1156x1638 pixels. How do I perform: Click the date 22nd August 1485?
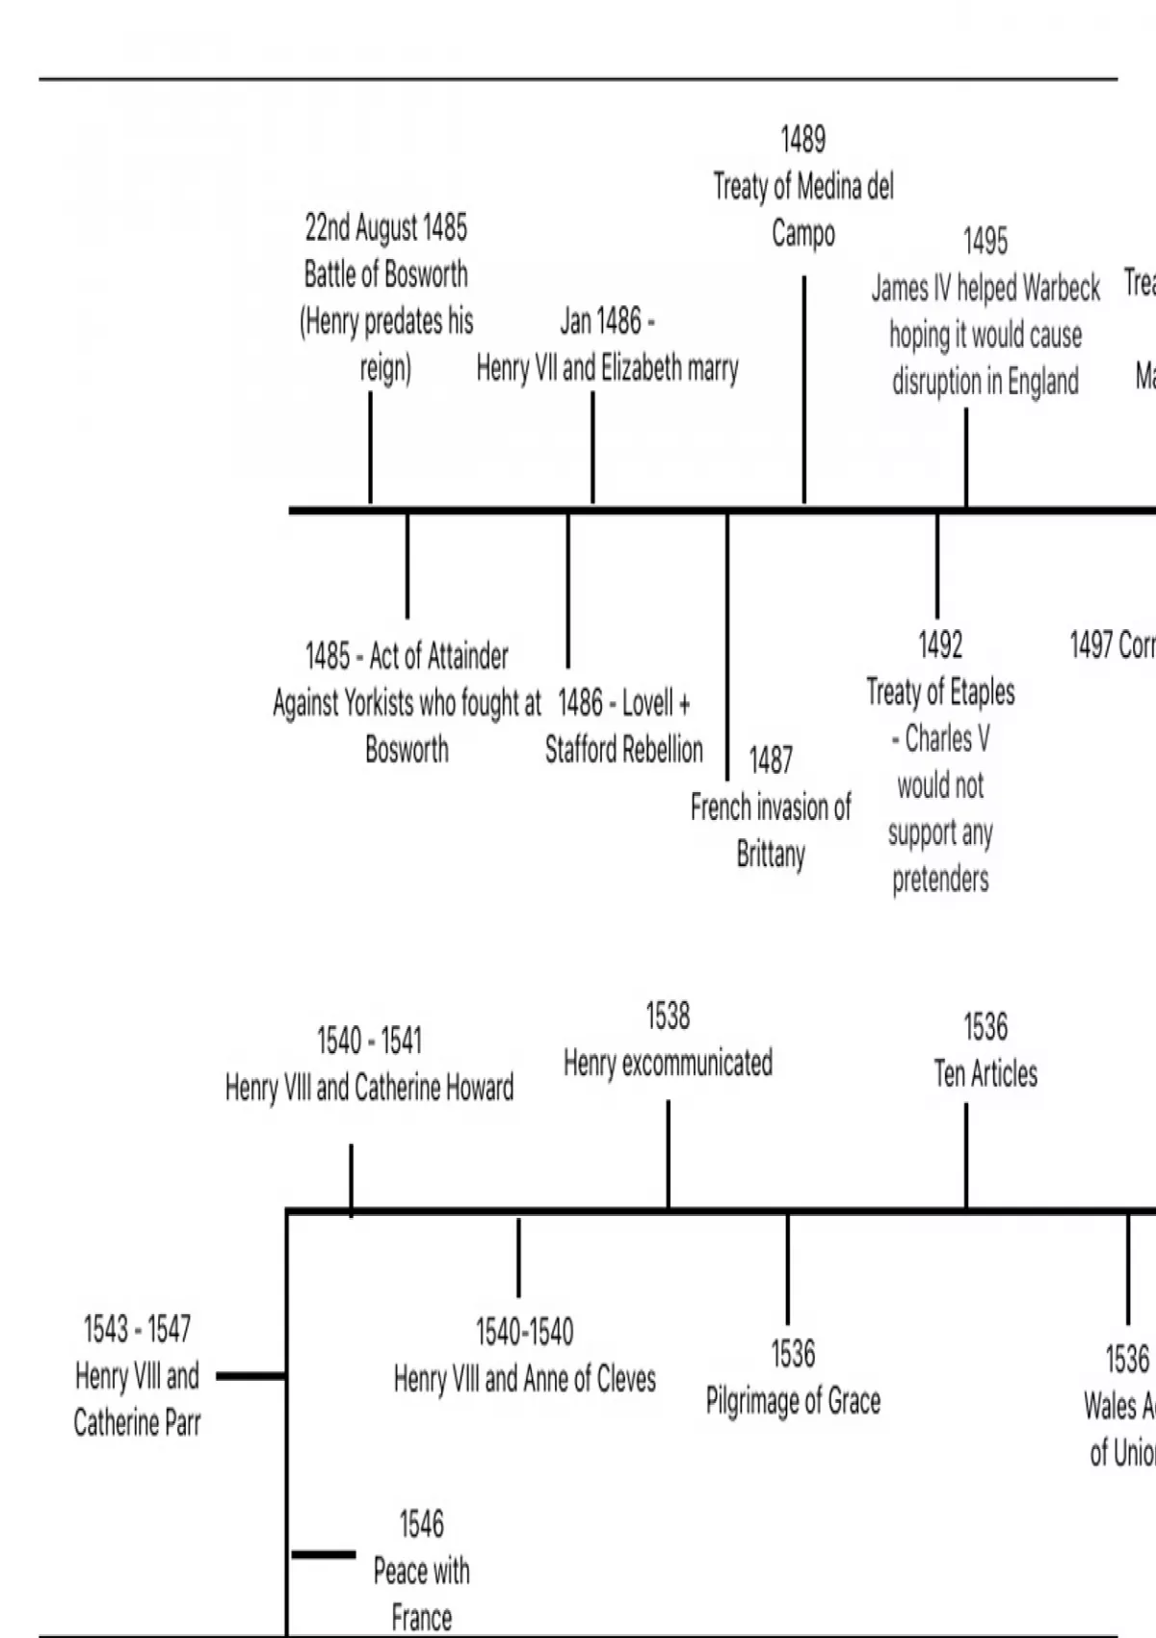pos(385,228)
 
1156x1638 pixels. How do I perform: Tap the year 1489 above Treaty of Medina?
pos(802,140)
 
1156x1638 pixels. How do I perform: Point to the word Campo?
pos(802,233)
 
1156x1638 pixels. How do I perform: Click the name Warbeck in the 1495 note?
pos(1062,288)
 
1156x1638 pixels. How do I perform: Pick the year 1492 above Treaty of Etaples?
pos(939,645)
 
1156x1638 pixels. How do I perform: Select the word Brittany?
pos(770,854)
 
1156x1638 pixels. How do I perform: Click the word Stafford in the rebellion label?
pos(584,750)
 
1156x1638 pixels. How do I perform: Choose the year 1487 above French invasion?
pos(771,760)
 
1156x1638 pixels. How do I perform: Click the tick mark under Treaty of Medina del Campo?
pos(804,389)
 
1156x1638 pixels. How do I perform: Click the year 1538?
pos(668,1017)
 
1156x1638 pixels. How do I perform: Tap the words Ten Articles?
pos(985,1074)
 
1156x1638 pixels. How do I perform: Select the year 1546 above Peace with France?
pos(421,1524)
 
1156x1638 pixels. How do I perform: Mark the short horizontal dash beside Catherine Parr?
pos(250,1376)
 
